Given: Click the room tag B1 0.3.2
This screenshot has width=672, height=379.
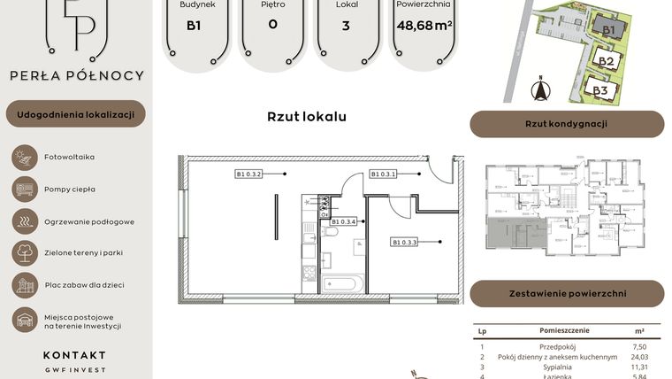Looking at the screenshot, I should pyautogui.click(x=250, y=174).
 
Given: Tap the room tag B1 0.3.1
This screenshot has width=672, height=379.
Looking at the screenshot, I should pyautogui.click(x=384, y=174).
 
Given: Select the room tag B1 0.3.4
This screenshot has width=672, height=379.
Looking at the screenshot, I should pyautogui.click(x=344, y=221).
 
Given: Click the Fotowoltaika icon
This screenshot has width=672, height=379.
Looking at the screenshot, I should pyautogui.click(x=25, y=157).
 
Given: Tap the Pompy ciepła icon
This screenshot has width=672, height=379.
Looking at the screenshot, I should pyautogui.click(x=25, y=189).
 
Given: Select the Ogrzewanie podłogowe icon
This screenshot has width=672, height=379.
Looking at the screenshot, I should pyautogui.click(x=25, y=221).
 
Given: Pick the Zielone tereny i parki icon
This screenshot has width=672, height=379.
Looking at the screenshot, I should pyautogui.click(x=25, y=253).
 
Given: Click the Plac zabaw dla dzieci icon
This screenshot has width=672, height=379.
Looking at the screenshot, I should pyautogui.click(x=25, y=285).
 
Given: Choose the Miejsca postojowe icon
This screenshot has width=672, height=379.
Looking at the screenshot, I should pyautogui.click(x=25, y=321).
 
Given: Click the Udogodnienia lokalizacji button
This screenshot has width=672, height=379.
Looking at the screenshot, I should pyautogui.click(x=75, y=114).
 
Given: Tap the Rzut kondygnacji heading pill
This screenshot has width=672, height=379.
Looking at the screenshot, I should pyautogui.click(x=566, y=124).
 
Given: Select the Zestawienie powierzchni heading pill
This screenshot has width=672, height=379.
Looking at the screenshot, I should pyautogui.click(x=566, y=293).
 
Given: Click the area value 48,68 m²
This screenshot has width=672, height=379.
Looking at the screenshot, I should pyautogui.click(x=424, y=25).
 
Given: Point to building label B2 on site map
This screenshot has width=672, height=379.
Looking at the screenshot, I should pyautogui.click(x=606, y=61).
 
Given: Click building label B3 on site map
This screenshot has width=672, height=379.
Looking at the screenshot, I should pyautogui.click(x=600, y=90).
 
